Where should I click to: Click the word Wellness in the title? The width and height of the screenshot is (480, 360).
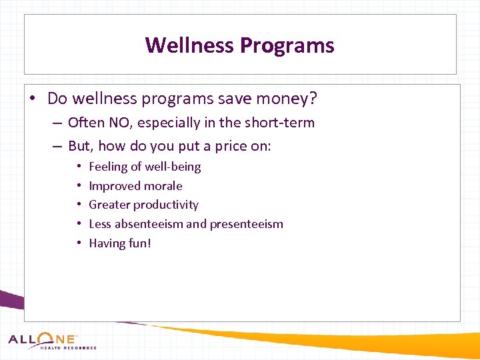(x=190, y=45)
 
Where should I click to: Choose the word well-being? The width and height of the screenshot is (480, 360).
(x=173, y=167)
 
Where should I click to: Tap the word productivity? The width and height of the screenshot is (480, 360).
(x=166, y=205)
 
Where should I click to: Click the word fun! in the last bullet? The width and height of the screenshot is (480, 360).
(x=139, y=243)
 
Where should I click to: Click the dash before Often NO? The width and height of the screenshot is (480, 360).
(x=57, y=123)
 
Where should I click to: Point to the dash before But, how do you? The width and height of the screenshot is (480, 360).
(x=57, y=147)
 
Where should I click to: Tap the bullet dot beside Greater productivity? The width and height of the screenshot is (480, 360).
(x=79, y=205)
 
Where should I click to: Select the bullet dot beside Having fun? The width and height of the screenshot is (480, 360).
(x=79, y=243)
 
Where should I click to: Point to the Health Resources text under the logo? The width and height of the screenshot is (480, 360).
(x=68, y=348)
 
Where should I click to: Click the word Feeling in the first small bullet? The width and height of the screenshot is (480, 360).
(x=109, y=167)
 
